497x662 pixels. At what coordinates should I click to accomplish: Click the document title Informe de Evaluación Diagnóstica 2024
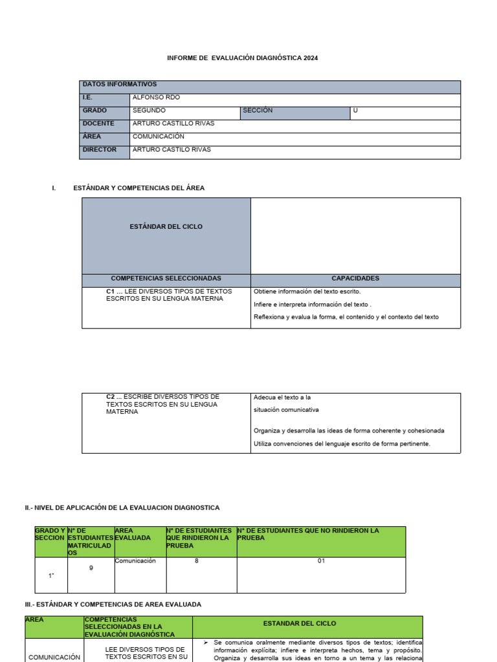point(243,58)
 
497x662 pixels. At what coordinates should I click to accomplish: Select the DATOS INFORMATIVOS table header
point(119,84)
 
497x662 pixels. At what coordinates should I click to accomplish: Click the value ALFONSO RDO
point(156,98)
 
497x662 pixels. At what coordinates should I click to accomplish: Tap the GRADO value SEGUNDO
point(149,111)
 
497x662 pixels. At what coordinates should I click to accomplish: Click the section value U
point(355,111)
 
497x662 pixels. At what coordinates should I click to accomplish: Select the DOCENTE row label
point(98,123)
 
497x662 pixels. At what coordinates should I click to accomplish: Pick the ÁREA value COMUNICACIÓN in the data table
point(159,136)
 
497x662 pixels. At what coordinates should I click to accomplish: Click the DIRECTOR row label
point(100,149)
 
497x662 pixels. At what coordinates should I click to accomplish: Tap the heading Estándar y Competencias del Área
point(138,188)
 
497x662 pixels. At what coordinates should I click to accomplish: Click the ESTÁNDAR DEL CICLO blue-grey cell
point(166,227)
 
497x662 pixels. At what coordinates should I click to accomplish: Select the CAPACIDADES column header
point(355,279)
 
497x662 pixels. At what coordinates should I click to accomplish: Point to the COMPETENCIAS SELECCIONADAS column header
point(166,279)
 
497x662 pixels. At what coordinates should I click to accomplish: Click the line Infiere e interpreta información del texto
point(313,304)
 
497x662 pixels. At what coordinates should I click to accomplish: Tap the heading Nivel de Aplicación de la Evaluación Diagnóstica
point(122,508)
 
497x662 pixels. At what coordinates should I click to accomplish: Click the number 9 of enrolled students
point(91,568)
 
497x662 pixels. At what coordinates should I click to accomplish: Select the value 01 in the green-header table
point(321,561)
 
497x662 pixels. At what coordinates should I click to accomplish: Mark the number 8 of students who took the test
point(196,561)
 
